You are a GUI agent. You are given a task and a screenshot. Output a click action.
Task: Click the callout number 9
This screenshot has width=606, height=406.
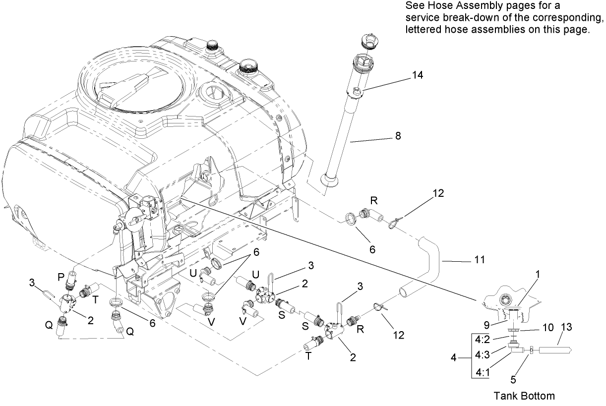(x=490, y=326)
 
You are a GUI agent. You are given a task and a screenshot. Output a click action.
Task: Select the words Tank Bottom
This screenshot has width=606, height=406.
(x=524, y=396)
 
